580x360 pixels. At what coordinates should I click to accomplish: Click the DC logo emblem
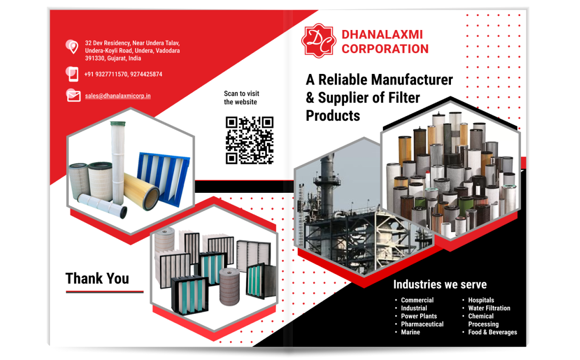318,41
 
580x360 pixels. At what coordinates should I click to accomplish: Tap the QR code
249,140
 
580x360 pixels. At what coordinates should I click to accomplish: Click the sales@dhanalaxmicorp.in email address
117,96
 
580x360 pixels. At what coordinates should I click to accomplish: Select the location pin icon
72,46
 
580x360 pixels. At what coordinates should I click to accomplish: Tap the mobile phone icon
72,74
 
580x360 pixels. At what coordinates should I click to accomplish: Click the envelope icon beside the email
73,95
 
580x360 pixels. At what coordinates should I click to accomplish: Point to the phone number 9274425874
146,74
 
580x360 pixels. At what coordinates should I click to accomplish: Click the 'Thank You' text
97,278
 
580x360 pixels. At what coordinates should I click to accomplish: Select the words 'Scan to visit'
241,94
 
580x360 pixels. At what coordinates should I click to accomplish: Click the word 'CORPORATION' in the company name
385,49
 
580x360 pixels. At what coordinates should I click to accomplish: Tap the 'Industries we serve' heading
440,284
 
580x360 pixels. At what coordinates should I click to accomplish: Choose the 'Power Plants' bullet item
419,316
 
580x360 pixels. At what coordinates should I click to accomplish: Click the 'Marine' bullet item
410,332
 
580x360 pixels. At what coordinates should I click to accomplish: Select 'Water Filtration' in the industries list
489,308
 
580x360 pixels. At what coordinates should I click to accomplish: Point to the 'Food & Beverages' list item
492,332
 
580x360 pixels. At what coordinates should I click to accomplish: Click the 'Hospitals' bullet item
481,300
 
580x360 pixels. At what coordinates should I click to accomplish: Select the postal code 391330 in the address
95,58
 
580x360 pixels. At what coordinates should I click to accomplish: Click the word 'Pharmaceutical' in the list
422,324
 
